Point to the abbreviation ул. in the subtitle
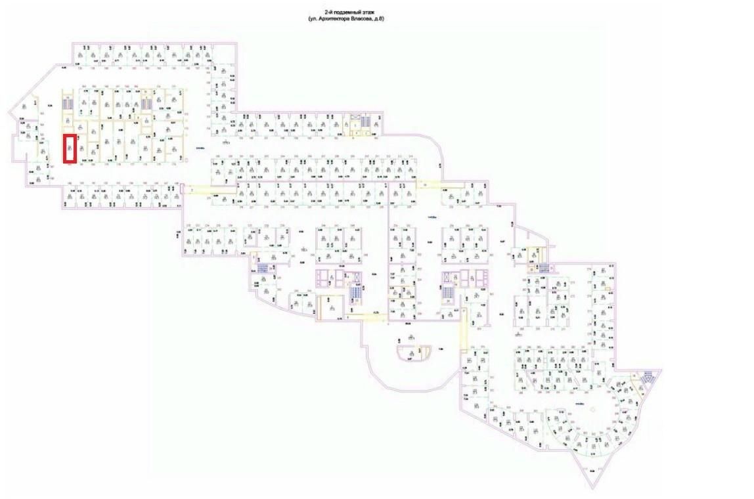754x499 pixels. [x=314, y=20]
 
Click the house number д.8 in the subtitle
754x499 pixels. [x=380, y=20]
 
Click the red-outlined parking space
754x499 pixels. [x=70, y=148]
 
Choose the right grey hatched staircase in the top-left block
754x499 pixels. [x=147, y=104]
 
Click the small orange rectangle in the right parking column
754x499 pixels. [x=608, y=289]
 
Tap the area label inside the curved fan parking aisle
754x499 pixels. [x=579, y=402]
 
